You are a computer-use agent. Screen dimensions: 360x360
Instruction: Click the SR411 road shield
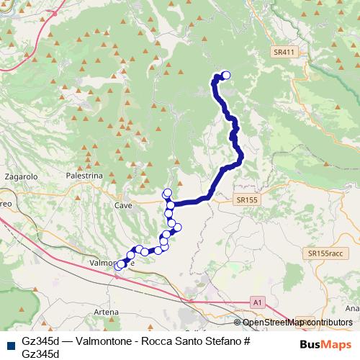coord(284,53)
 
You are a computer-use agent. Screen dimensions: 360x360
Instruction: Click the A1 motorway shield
coord(257,301)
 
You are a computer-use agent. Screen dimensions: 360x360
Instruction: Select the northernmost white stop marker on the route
coord(226,75)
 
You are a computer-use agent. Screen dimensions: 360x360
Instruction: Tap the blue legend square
coord(10,343)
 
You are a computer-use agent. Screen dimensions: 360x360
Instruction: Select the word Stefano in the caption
coord(222,341)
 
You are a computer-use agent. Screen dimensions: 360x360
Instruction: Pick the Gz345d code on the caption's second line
coord(40,353)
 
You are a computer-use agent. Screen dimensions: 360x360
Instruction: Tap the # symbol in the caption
coord(246,341)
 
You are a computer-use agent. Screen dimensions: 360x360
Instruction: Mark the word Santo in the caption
coord(189,341)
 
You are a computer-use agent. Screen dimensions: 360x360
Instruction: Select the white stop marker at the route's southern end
coord(119,266)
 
